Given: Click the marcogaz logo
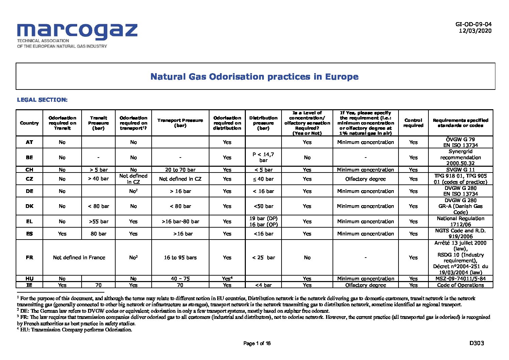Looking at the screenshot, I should tap(77, 35).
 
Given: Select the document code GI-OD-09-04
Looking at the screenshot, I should tap(473, 24).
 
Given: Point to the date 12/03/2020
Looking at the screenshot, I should tap(475, 31).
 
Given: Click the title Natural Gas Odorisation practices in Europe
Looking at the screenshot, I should tap(254, 77).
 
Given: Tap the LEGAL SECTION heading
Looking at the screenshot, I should tap(42, 100).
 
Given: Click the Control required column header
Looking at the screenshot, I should tap(413, 123).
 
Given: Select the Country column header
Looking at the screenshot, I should tap(29, 123).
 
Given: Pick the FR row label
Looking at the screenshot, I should tap(29, 258).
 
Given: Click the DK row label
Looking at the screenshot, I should tap(29, 206).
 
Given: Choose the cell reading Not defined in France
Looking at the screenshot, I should tap(79, 258).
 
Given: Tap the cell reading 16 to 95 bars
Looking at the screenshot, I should tap(180, 258).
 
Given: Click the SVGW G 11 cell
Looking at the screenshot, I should tap(460, 169).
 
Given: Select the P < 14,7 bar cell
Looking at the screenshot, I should tap(263, 157).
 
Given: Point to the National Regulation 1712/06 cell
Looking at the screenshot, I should tap(460, 221).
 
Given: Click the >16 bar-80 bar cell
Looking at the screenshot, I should tap(180, 222).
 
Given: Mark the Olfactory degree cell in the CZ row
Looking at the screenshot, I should tap(366, 179).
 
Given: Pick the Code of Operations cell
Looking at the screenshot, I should tap(460, 285).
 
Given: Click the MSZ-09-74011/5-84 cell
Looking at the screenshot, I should tap(460, 279).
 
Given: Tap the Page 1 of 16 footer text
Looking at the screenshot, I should tap(257, 343).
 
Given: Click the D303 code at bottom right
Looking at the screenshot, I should tap(476, 343).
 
